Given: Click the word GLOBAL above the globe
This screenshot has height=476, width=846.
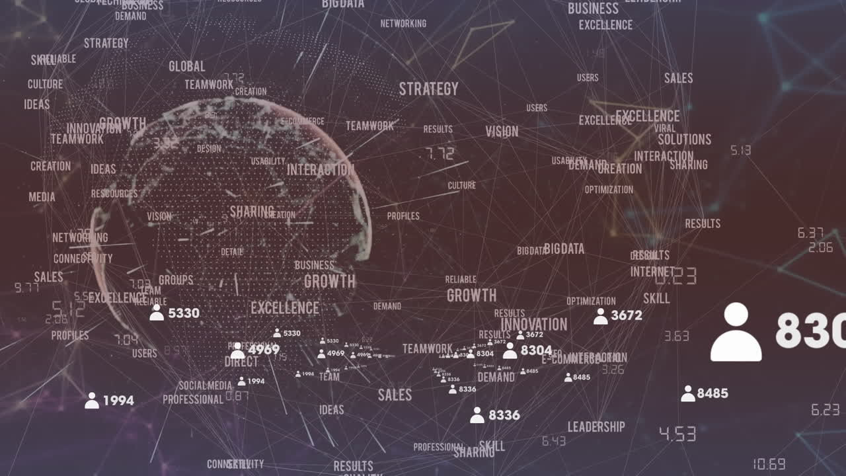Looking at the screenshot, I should coord(187,67).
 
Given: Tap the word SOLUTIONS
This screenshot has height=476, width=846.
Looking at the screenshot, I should coord(684,139).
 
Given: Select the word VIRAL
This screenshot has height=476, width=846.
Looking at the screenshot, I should coord(665,128).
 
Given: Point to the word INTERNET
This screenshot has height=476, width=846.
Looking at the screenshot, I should coord(652,272).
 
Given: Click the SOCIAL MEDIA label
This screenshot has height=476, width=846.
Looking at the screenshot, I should coord(205,385).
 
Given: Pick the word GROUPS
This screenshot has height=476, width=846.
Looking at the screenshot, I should coord(176,280).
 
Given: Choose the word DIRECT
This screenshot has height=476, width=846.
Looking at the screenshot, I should coord(241,362).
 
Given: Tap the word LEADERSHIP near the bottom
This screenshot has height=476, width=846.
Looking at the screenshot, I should coord(596,427).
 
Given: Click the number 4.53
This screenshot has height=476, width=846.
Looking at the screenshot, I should coord(677,434).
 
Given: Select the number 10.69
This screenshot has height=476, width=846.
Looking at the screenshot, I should coord(769,464).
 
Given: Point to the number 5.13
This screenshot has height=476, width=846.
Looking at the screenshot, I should coord(740,151).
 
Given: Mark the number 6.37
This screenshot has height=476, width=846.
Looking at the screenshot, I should coord(810,233).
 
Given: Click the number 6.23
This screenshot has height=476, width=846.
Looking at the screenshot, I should coord(825,410).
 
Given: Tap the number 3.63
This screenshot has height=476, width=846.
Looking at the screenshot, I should coord(676,337).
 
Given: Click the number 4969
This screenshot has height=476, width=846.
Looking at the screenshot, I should coord(264,350).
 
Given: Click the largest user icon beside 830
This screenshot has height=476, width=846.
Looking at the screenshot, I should coord(736,332).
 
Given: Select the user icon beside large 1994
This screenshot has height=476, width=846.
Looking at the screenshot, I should coord(92,401).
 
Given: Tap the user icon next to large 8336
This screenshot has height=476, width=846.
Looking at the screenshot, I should coord(477,416).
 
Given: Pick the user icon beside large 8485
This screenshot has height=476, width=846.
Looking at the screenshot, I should coord(688,394).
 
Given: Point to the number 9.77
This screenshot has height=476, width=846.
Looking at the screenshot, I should coord(26,288).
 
